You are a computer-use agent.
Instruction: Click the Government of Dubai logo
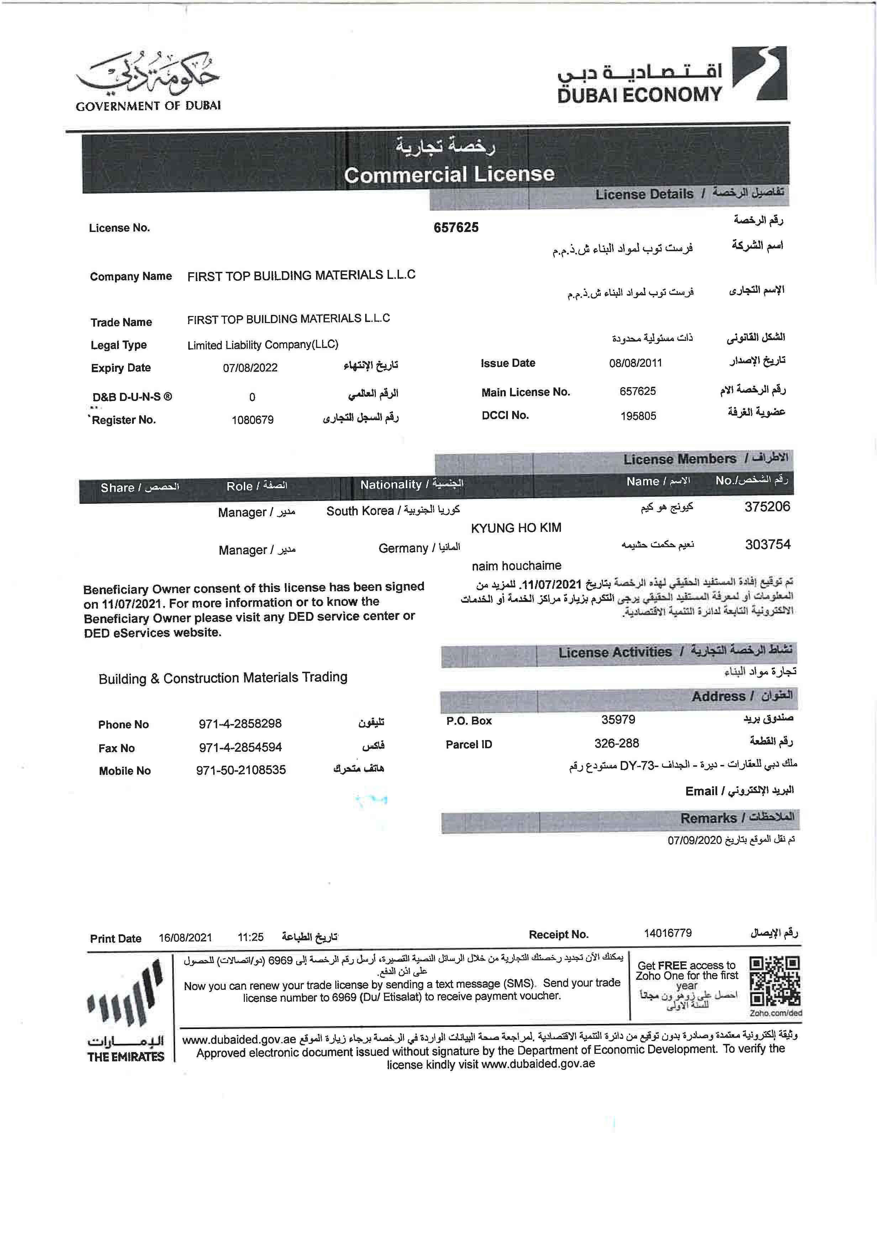point(148,81)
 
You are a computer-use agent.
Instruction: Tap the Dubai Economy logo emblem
point(759,74)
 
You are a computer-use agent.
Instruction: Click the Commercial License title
point(449,174)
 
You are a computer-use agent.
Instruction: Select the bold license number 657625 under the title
point(456,228)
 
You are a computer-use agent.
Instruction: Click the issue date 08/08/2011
point(635,363)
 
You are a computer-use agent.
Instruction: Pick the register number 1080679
point(252,420)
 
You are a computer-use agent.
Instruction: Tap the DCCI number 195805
point(638,416)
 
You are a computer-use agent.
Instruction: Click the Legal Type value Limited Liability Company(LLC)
point(263,345)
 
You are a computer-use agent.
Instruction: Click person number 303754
point(767,544)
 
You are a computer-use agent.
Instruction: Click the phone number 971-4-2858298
point(240,724)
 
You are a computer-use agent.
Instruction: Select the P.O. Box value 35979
point(618,719)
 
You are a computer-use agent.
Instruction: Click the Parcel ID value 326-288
point(616,743)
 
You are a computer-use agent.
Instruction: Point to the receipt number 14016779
point(667,933)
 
